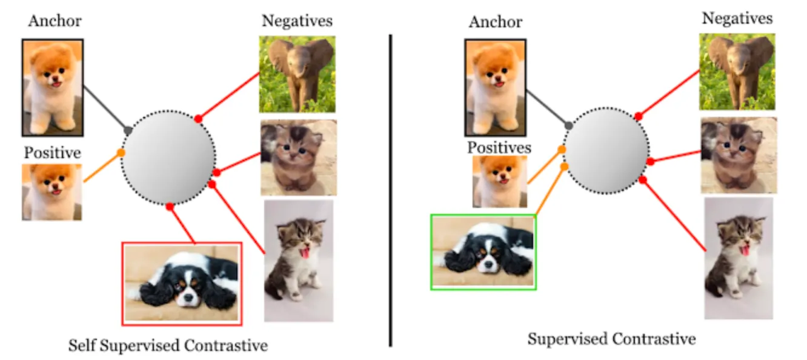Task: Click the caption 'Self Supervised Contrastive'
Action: point(168,346)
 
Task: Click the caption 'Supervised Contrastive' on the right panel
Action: point(611,338)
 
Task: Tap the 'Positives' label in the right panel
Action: point(499,147)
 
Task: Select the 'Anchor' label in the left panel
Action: point(55,21)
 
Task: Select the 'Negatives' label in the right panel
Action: point(737,19)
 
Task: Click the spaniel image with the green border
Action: point(483,252)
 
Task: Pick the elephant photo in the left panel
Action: point(297,74)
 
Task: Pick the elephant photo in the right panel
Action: point(737,72)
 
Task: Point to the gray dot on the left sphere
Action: point(128,130)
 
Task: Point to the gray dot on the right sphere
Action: point(568,125)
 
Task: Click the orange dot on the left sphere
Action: point(121,153)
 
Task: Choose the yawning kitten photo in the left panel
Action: point(298,261)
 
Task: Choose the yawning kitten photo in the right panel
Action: point(738,258)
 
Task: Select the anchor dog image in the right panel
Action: point(495,87)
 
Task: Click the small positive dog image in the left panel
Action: point(52,192)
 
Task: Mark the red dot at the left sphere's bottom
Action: point(170,207)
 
